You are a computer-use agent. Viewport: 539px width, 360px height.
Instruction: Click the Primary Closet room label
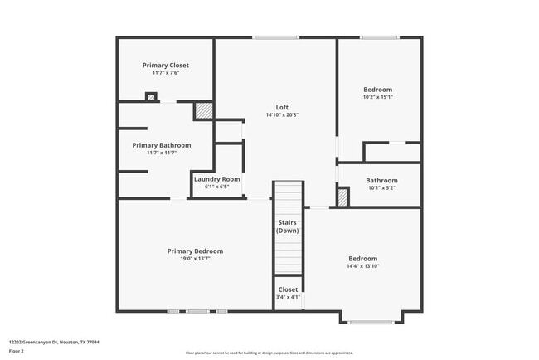pyautogui.click(x=166, y=65)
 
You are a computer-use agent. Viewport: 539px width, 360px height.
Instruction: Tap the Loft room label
pyautogui.click(x=283, y=107)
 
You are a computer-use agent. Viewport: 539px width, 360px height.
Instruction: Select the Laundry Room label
pyautogui.click(x=217, y=179)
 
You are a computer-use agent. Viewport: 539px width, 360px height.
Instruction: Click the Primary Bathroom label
pyautogui.click(x=162, y=145)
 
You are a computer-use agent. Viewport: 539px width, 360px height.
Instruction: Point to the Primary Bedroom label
pyautogui.click(x=195, y=251)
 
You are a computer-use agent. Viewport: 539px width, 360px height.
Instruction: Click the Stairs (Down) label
pyautogui.click(x=288, y=226)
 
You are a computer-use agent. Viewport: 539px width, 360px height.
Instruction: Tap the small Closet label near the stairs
pyautogui.click(x=288, y=289)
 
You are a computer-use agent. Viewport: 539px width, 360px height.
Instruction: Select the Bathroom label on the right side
pyautogui.click(x=381, y=180)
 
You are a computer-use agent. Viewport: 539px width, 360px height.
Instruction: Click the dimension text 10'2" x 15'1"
pyautogui.click(x=378, y=97)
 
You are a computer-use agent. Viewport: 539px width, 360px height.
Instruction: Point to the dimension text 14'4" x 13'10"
pyautogui.click(x=362, y=266)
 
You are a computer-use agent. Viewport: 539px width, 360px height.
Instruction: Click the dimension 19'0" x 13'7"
pyautogui.click(x=195, y=259)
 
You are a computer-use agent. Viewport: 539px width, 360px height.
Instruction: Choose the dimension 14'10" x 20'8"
pyautogui.click(x=283, y=114)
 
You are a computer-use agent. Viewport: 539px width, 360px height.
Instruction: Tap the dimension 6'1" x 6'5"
pyautogui.click(x=217, y=187)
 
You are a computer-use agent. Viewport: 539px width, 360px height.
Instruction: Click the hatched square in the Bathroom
pyautogui.click(x=342, y=197)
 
